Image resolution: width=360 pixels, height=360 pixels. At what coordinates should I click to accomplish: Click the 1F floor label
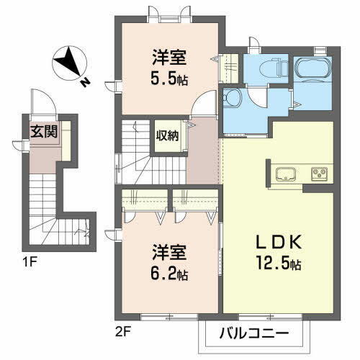(29, 254)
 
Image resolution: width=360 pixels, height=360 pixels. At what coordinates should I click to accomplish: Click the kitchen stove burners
(319, 174)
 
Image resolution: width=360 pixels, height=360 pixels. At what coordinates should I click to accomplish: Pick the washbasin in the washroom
(233, 98)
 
